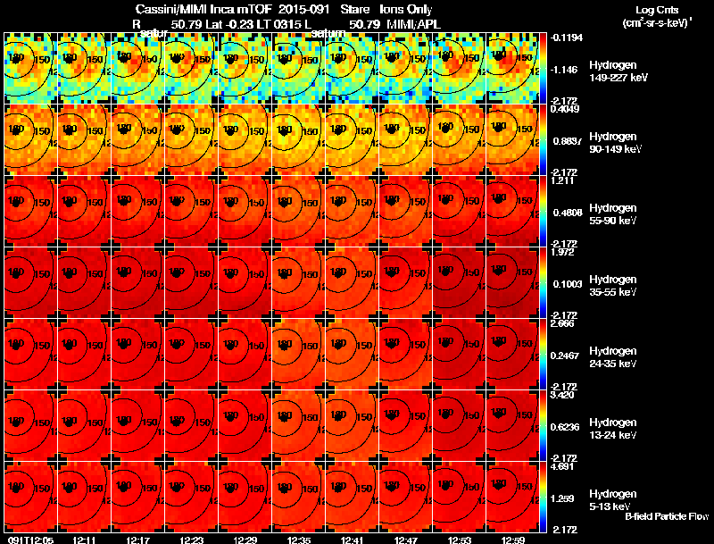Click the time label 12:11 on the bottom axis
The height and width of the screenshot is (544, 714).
point(85,539)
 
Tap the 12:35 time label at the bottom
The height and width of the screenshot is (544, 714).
point(299,539)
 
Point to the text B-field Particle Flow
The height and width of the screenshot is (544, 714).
point(667,516)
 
